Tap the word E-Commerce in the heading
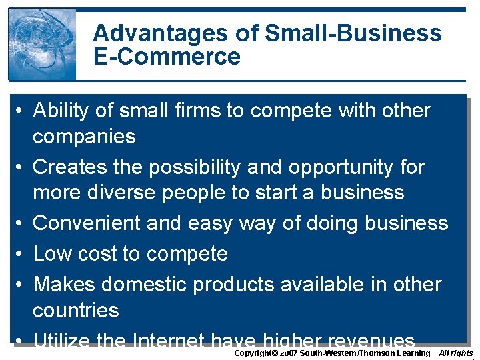point(167,57)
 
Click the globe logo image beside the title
point(42,44)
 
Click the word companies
point(84,137)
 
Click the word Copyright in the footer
point(253,353)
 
